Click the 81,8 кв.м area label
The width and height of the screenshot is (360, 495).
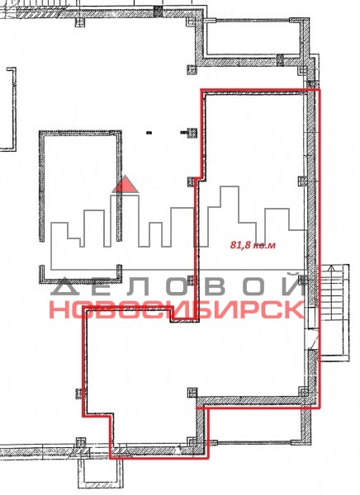click(x=253, y=245)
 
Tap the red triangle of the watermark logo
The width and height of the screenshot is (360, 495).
click(x=126, y=185)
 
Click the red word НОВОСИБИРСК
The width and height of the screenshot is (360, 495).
click(x=177, y=309)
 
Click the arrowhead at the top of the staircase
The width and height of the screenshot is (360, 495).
click(x=331, y=268)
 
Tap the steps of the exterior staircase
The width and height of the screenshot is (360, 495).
click(x=334, y=313)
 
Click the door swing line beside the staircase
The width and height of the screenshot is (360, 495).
click(x=314, y=340)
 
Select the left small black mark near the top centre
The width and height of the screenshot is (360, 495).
click(x=149, y=133)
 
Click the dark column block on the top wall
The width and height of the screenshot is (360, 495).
click(x=158, y=11)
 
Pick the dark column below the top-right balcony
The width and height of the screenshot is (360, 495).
click(x=280, y=60)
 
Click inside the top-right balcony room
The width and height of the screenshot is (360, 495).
click(x=253, y=38)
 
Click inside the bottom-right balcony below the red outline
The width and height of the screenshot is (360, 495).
click(x=255, y=426)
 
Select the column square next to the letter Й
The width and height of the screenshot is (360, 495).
click(x=303, y=280)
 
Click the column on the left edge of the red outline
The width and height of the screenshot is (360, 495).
click(x=79, y=394)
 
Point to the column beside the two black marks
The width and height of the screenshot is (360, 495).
click(x=192, y=133)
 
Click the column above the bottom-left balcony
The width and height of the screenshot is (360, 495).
click(x=81, y=442)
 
